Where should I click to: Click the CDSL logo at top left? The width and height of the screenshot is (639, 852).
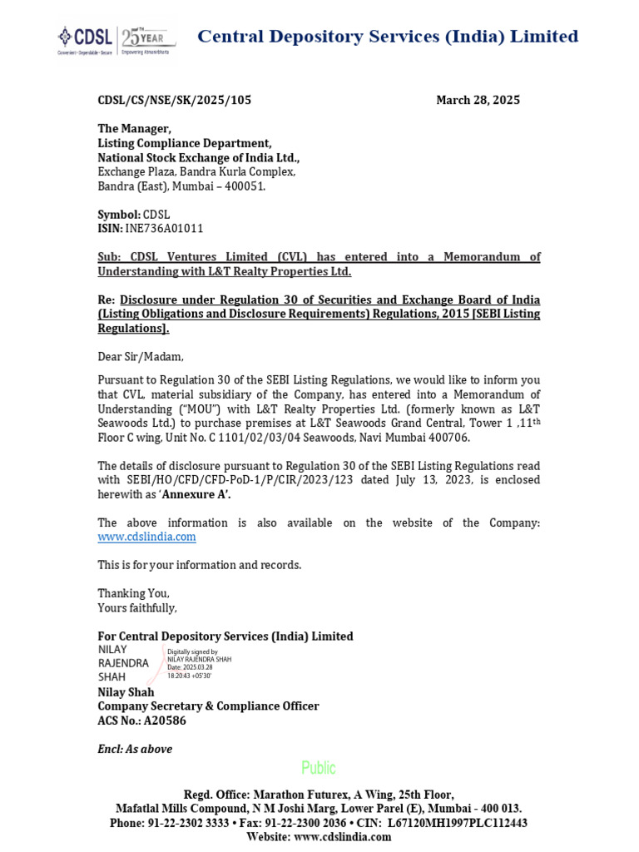(83, 37)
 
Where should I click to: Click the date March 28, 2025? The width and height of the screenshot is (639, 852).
(478, 100)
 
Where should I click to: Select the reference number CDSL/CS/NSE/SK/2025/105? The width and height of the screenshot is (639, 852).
(174, 100)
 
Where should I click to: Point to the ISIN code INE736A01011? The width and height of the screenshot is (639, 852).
(164, 228)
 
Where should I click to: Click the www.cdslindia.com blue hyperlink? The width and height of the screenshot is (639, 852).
(146, 537)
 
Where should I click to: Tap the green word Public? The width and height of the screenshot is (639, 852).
(319, 767)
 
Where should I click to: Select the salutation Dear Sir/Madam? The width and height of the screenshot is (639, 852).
(141, 357)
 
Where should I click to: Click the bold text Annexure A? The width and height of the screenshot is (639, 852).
(196, 494)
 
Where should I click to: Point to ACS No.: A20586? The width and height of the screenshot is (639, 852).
(141, 721)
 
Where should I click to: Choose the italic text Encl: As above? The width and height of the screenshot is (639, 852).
(135, 749)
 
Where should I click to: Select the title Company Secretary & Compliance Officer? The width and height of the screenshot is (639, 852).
(208, 706)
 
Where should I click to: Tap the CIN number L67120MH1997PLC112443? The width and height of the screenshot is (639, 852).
(457, 823)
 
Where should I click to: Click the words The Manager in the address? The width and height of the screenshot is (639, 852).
(134, 128)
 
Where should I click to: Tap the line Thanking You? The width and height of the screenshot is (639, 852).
(133, 593)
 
